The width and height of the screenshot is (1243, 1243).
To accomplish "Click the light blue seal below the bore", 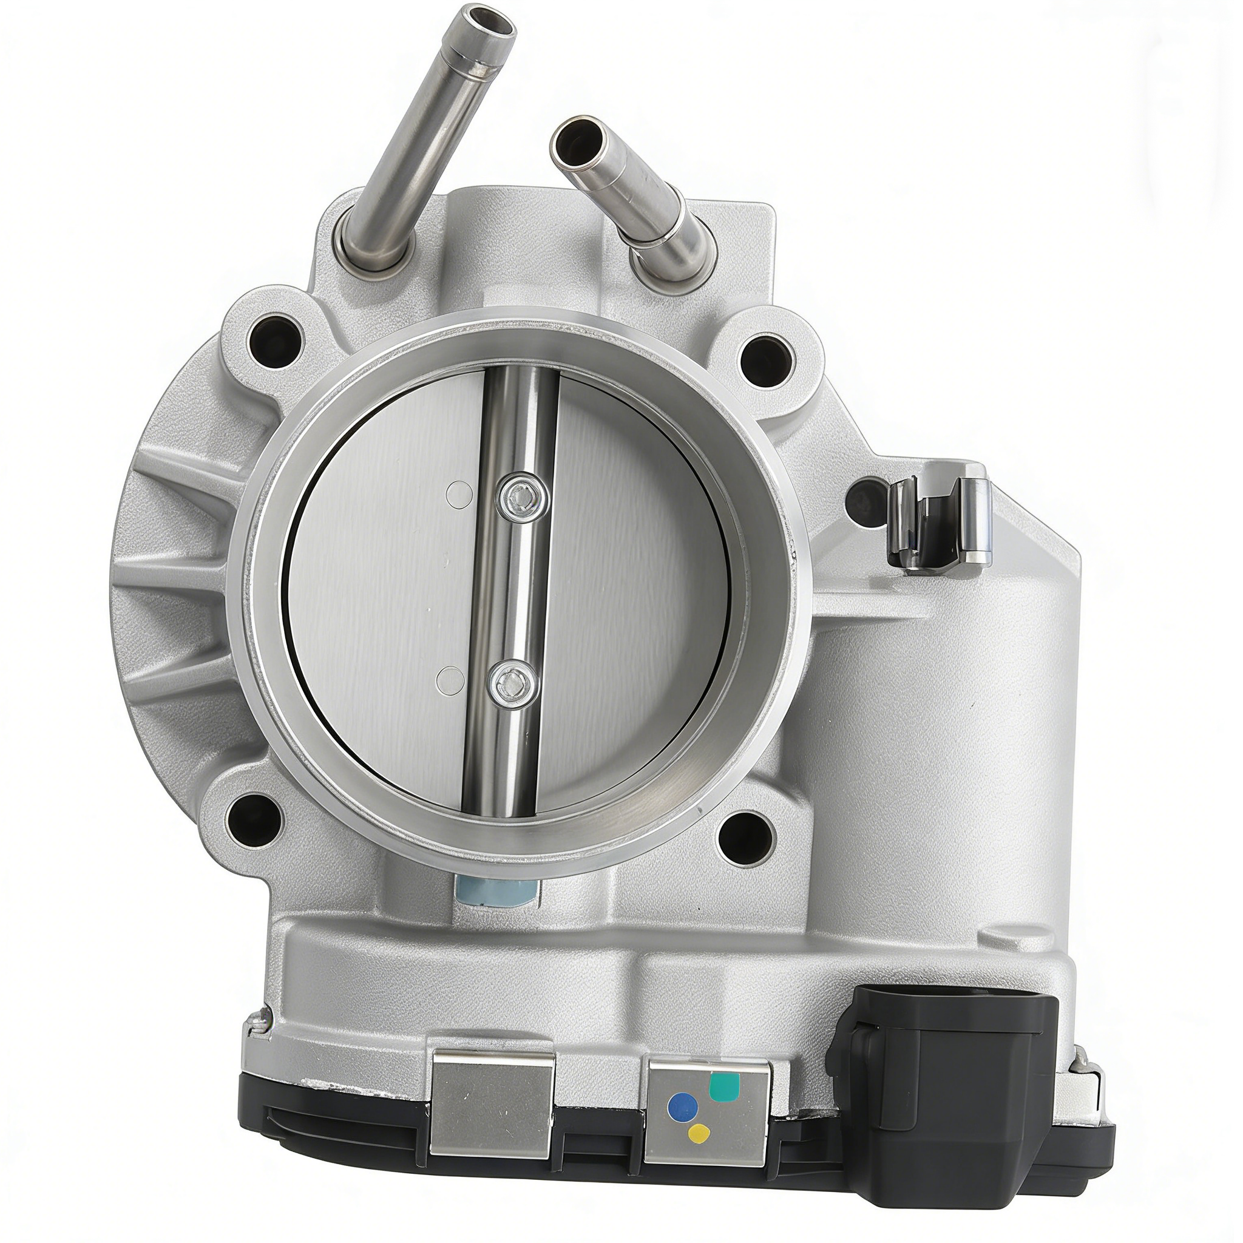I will tap(494, 892).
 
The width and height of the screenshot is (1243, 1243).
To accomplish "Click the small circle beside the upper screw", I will tap(459, 492).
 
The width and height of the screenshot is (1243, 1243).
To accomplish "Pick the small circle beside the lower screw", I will tap(450, 679).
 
